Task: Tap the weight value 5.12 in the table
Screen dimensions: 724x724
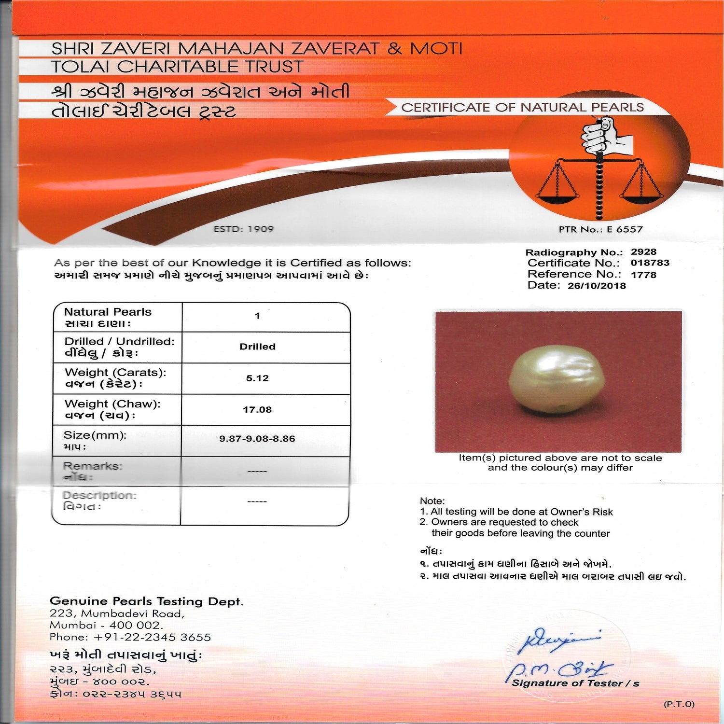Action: click(x=257, y=378)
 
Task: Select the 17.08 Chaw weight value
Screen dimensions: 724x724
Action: click(x=257, y=409)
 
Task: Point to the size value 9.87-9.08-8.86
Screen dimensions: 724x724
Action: click(x=257, y=439)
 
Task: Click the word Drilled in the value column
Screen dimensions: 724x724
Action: click(x=257, y=347)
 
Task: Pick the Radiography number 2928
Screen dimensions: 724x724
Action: click(x=643, y=251)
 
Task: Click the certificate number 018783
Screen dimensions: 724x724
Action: click(x=650, y=263)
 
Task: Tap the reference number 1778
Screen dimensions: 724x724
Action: click(x=643, y=275)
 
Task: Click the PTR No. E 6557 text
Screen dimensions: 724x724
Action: click(x=601, y=229)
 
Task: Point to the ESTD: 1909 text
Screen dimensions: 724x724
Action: click(x=243, y=229)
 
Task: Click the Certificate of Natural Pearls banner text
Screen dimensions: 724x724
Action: click(x=522, y=108)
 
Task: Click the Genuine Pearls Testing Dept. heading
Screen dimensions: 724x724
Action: click(x=147, y=601)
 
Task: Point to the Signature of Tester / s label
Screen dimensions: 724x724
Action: click(x=575, y=683)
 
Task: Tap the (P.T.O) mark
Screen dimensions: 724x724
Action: click(x=679, y=704)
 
